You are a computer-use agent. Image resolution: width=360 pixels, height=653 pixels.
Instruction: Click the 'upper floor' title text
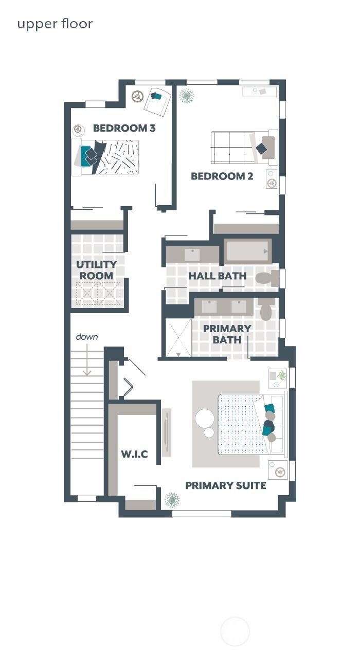click(55, 24)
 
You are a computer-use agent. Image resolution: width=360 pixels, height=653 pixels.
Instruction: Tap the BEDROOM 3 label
click(124, 128)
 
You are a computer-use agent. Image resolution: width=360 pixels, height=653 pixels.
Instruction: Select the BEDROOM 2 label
click(222, 176)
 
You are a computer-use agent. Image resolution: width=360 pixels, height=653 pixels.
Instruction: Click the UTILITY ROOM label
click(97, 270)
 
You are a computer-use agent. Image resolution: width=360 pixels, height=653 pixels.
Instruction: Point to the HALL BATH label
click(217, 276)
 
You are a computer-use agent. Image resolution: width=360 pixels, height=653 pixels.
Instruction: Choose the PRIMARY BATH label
click(227, 334)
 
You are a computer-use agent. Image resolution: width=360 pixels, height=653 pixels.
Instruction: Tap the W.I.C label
click(134, 454)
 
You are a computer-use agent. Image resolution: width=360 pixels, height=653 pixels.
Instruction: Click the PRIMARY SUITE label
click(225, 485)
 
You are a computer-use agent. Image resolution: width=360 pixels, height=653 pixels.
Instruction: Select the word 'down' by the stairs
click(87, 337)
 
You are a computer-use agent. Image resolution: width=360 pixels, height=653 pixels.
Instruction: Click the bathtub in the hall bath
click(247, 251)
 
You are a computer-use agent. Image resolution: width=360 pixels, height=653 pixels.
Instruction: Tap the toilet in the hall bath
click(267, 279)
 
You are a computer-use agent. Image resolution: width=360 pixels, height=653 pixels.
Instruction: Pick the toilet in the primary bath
click(266, 310)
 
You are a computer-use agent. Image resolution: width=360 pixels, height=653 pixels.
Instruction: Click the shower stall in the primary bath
click(178, 338)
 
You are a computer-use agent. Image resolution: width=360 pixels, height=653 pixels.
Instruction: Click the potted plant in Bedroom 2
click(186, 96)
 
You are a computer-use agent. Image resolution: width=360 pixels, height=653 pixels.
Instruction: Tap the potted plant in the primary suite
click(172, 499)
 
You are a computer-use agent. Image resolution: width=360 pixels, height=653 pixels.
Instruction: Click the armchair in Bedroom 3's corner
click(157, 101)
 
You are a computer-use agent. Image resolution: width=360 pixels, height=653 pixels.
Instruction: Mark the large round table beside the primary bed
click(205, 418)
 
